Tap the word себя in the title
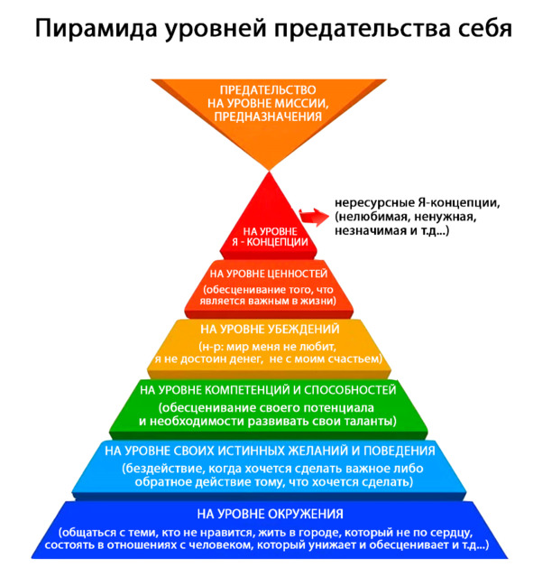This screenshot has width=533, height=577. point(485,29)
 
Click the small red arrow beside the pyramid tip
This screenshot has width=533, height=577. point(314,217)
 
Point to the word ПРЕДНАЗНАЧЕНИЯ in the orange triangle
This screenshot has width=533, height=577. point(268,116)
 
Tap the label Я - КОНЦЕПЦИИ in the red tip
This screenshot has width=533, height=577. point(270,242)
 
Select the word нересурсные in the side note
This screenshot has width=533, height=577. point(375,203)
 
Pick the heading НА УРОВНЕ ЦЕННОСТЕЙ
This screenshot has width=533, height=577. point(269,274)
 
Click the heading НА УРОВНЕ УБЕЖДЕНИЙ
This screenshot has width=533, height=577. point(270,329)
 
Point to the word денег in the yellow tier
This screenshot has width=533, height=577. point(244,358)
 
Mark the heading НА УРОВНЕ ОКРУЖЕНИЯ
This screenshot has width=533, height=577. point(270,514)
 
